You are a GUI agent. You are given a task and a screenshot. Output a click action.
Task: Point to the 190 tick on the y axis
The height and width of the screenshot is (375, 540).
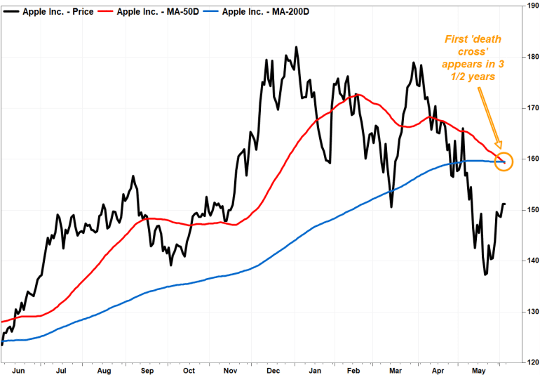(530, 6)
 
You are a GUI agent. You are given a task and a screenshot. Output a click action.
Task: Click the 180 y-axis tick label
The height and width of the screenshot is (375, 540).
(530, 57)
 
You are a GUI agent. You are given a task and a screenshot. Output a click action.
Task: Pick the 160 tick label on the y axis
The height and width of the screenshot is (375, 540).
(530, 159)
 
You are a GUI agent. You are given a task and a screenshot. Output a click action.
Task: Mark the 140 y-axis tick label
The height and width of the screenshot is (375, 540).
(530, 261)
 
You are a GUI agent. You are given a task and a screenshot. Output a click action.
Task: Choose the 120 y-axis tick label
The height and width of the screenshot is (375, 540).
(530, 362)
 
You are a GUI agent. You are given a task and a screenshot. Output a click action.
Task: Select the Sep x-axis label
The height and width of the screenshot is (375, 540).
(147, 368)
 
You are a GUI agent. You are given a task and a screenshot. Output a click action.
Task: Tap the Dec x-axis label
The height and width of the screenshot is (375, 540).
(273, 368)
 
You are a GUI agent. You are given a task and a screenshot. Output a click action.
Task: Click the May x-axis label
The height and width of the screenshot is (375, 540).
(480, 368)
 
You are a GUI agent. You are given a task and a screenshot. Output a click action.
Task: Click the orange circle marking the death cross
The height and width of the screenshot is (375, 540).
(504, 162)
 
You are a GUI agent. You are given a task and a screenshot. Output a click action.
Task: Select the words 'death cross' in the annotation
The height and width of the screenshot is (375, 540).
(469, 52)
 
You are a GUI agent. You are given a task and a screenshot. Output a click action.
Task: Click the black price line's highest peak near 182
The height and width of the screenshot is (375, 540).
(297, 48)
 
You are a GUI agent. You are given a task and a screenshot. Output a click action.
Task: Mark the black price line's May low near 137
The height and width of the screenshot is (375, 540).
(485, 274)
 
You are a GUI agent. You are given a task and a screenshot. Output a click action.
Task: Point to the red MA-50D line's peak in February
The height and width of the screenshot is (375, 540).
(357, 94)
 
